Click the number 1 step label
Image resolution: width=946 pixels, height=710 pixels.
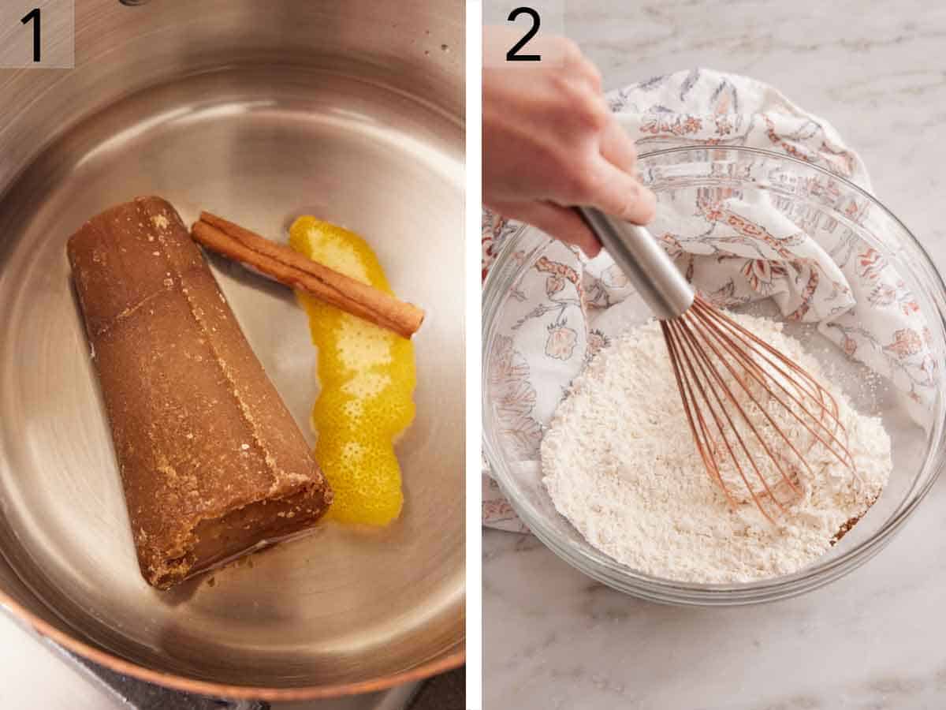click(x=34, y=34)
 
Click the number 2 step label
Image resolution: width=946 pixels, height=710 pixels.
click(x=523, y=34)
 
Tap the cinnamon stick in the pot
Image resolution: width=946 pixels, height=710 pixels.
click(x=307, y=272)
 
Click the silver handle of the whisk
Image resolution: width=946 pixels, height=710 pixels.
click(x=639, y=260)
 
